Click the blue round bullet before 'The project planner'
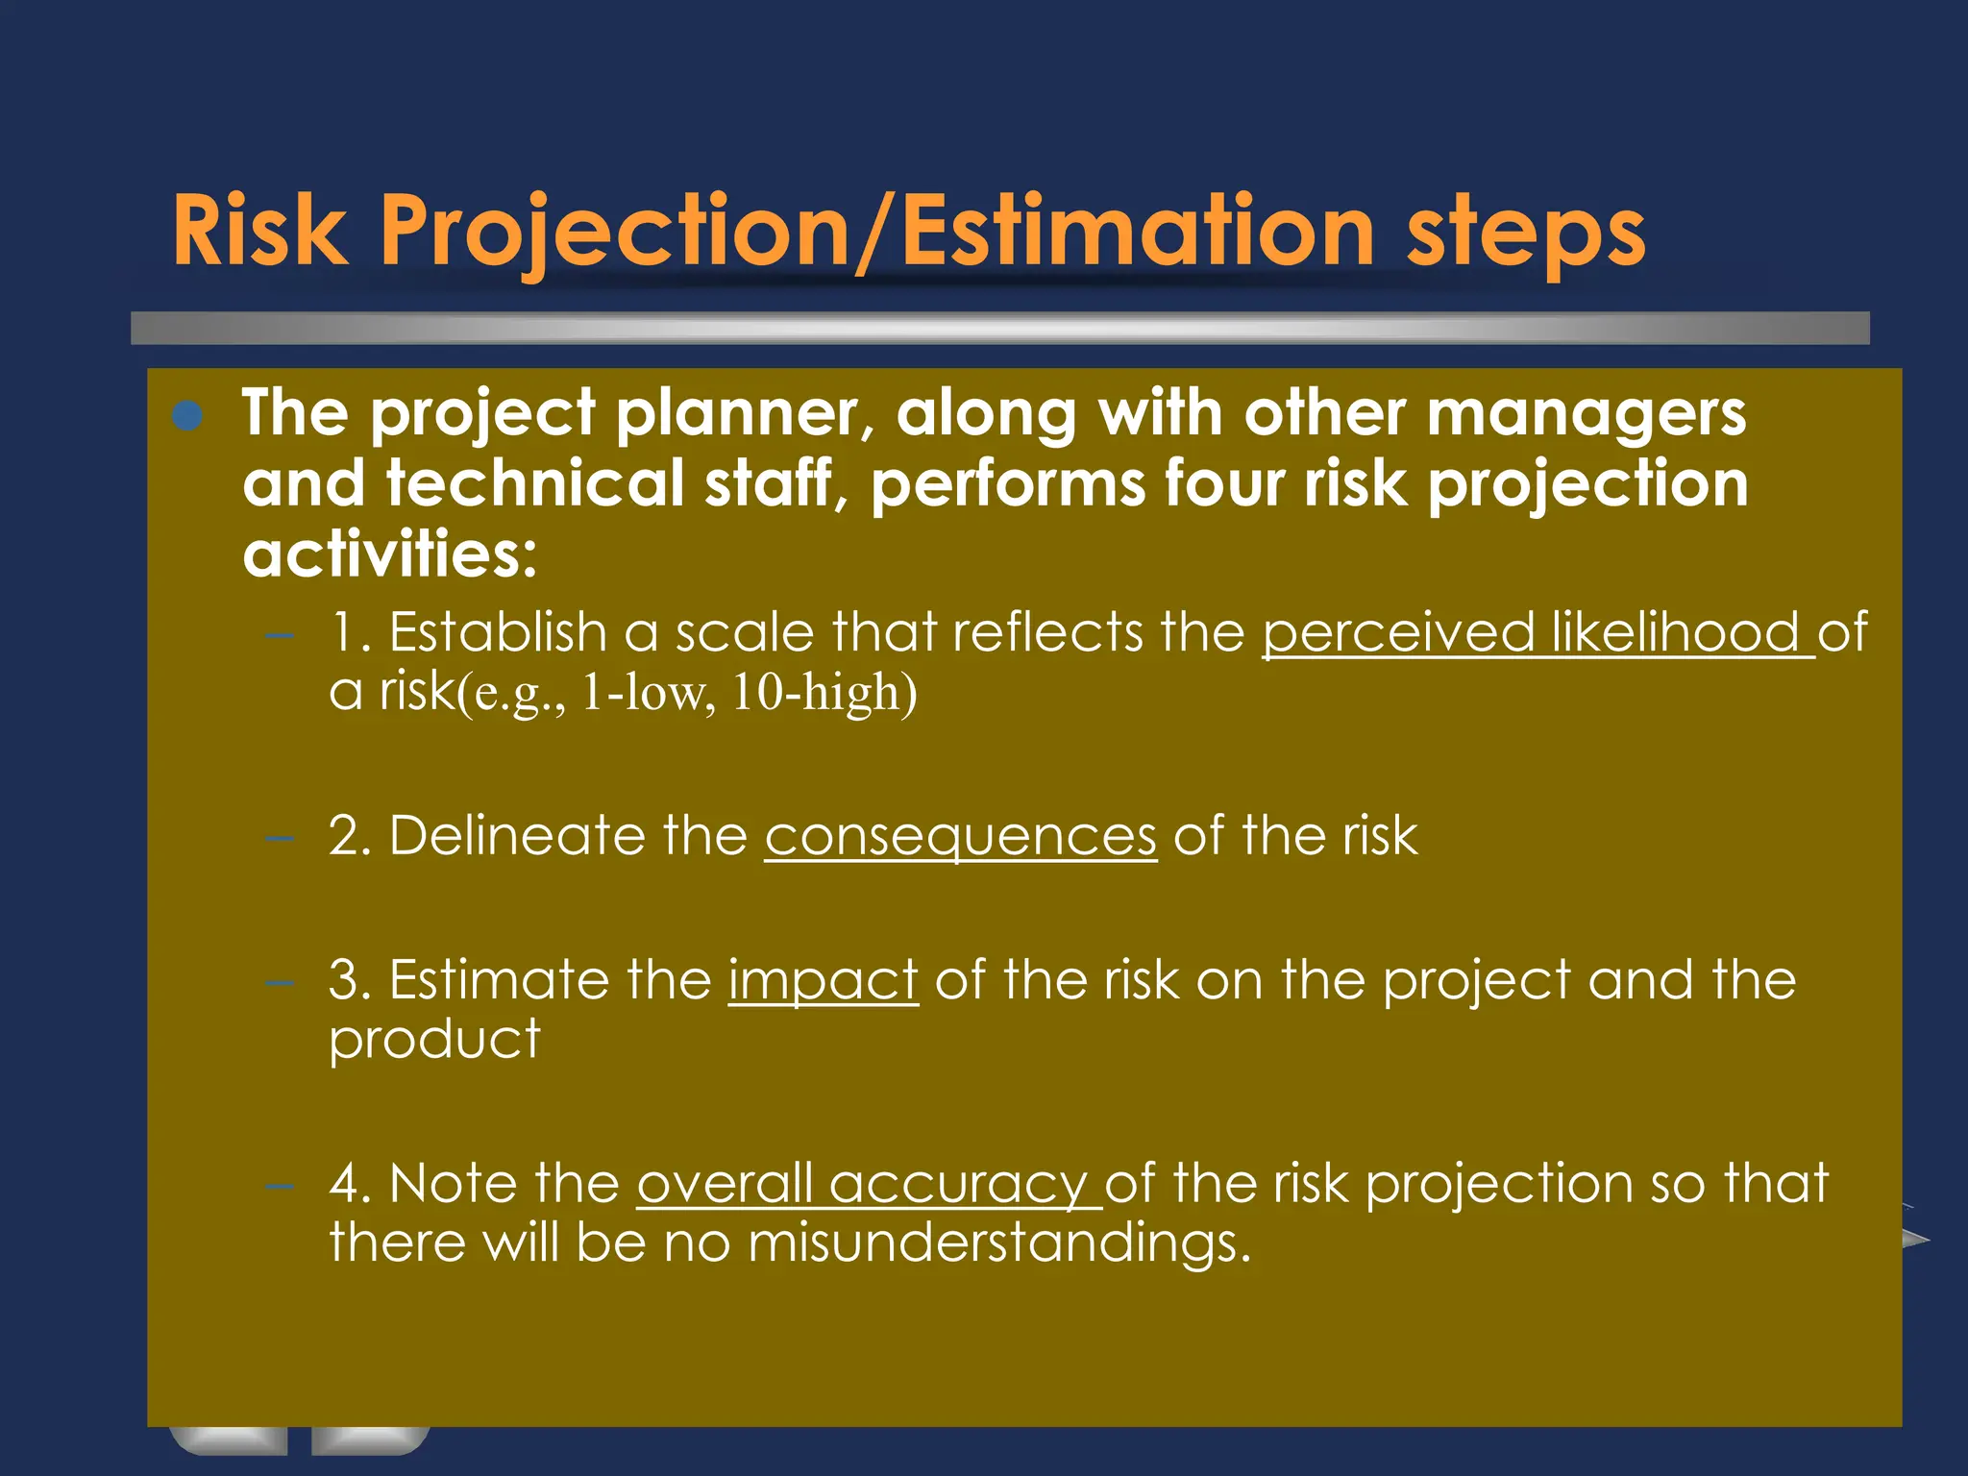click(188, 415)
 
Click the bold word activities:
click(389, 555)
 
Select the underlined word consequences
click(961, 835)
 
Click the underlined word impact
click(824, 980)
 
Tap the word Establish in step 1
click(498, 632)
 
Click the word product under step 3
click(434, 1041)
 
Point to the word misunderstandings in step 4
click(998, 1242)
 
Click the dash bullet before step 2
click(279, 837)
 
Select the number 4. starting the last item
click(350, 1183)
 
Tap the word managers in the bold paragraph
click(1586, 415)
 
